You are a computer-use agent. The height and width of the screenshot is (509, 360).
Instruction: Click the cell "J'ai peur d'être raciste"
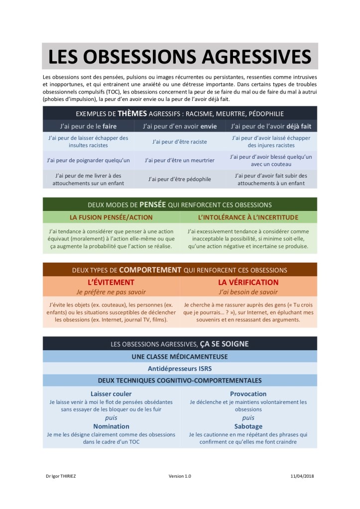click(180, 141)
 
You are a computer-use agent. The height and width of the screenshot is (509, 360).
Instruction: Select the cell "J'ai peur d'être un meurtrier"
click(180, 160)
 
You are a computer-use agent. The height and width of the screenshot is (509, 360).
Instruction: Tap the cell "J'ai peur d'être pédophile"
click(180, 179)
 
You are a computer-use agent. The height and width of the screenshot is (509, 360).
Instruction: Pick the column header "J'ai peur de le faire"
click(88, 126)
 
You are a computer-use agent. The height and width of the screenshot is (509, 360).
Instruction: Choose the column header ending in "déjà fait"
click(271, 126)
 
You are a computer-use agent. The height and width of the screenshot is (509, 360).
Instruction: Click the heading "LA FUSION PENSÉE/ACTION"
click(112, 217)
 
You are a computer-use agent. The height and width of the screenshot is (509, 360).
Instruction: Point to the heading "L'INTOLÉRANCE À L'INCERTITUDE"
click(248, 217)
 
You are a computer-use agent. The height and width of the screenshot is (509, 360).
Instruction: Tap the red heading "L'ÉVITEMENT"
click(112, 282)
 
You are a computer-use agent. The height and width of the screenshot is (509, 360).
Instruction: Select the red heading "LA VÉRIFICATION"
click(248, 282)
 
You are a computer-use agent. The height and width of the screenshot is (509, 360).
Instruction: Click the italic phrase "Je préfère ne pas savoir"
click(112, 292)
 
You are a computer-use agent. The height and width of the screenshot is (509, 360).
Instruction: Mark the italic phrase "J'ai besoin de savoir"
click(248, 292)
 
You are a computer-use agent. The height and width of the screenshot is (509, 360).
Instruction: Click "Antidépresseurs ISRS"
click(180, 369)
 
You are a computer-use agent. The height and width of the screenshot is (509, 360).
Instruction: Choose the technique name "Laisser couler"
click(111, 394)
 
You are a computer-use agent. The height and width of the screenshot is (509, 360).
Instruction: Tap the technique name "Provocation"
click(248, 394)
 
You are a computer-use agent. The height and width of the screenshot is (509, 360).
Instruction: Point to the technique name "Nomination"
click(111, 426)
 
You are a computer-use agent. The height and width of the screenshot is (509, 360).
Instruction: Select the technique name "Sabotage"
click(248, 426)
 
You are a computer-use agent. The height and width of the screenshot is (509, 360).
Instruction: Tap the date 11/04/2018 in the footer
click(302, 476)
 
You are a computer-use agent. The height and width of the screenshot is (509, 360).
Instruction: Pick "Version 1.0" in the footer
click(180, 476)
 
